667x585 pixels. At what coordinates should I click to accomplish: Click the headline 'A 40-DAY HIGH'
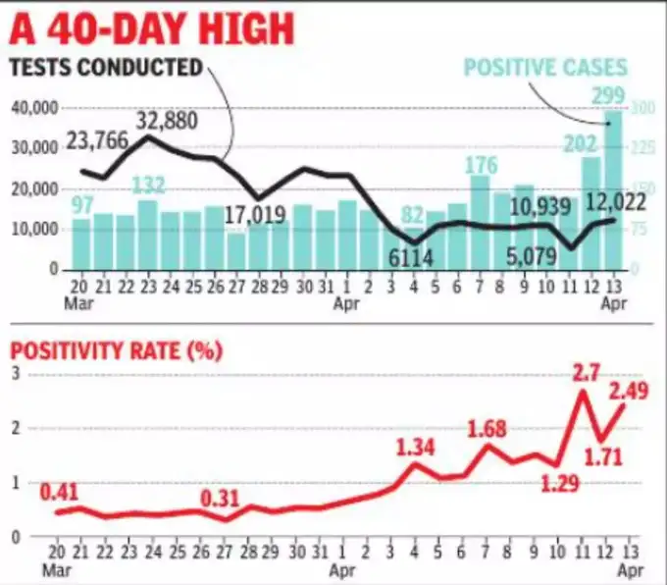[x=152, y=28]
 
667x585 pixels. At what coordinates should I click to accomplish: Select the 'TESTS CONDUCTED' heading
[x=106, y=69]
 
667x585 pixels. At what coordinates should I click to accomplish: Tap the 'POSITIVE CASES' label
[x=545, y=69]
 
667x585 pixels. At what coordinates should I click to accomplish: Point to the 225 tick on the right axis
[x=640, y=147]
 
